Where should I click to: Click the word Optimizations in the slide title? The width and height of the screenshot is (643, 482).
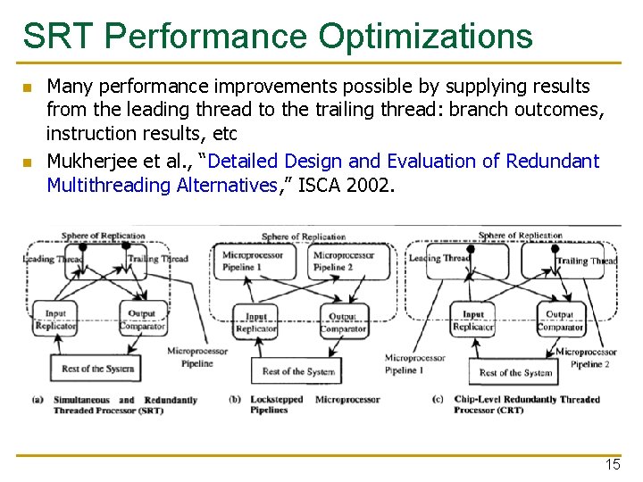click(x=423, y=37)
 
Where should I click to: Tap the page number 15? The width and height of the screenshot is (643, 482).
click(x=612, y=465)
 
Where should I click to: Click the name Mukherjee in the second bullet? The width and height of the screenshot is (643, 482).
click(x=88, y=162)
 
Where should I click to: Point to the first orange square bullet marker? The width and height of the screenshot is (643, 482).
click(x=28, y=88)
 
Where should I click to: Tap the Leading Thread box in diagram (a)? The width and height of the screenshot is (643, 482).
click(x=55, y=260)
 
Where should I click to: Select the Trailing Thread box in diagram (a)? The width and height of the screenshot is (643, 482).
click(x=155, y=260)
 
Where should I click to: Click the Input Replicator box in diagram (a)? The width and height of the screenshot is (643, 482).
click(x=55, y=320)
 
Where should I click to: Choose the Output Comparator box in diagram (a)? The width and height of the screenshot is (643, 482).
click(x=141, y=320)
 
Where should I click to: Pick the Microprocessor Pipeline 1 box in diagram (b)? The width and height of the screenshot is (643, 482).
click(x=255, y=261)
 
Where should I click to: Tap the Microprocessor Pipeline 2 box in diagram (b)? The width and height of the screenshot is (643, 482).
click(x=343, y=261)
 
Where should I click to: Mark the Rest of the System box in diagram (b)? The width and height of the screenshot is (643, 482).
click(x=298, y=371)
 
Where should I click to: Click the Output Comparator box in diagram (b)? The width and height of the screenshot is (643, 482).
click(x=343, y=322)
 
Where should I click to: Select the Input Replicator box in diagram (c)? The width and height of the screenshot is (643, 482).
click(x=473, y=320)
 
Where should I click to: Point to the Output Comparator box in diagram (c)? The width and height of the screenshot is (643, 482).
click(x=559, y=320)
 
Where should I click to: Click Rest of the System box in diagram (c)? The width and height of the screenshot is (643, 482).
click(x=515, y=372)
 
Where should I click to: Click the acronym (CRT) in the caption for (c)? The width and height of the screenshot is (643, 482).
click(x=511, y=411)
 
